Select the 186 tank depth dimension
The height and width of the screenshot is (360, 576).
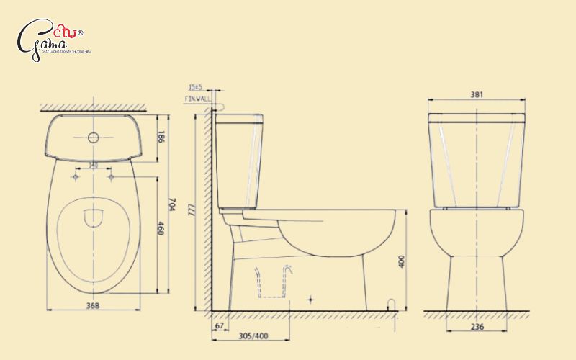[162, 137]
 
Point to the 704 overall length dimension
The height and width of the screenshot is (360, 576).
[171, 205]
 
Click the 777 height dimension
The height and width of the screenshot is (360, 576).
[191, 209]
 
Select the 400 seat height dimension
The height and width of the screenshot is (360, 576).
[400, 261]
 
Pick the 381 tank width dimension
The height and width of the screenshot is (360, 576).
[476, 94]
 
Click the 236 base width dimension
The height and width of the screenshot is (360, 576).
[477, 327]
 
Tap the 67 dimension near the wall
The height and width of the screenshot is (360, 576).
[219, 327]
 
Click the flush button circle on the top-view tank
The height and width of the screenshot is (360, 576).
[93, 137]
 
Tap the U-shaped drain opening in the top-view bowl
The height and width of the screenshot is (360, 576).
[94, 217]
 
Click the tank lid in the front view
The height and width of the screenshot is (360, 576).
[476, 117]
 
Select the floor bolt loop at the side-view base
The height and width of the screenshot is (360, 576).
[391, 305]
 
